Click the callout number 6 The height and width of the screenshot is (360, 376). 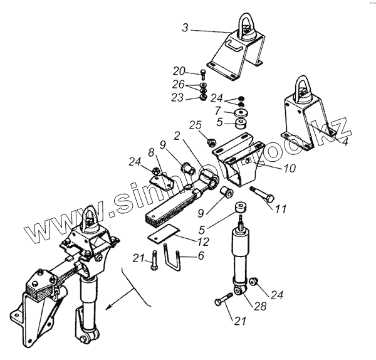pos(200,256)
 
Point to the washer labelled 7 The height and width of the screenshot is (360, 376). pos(240,112)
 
